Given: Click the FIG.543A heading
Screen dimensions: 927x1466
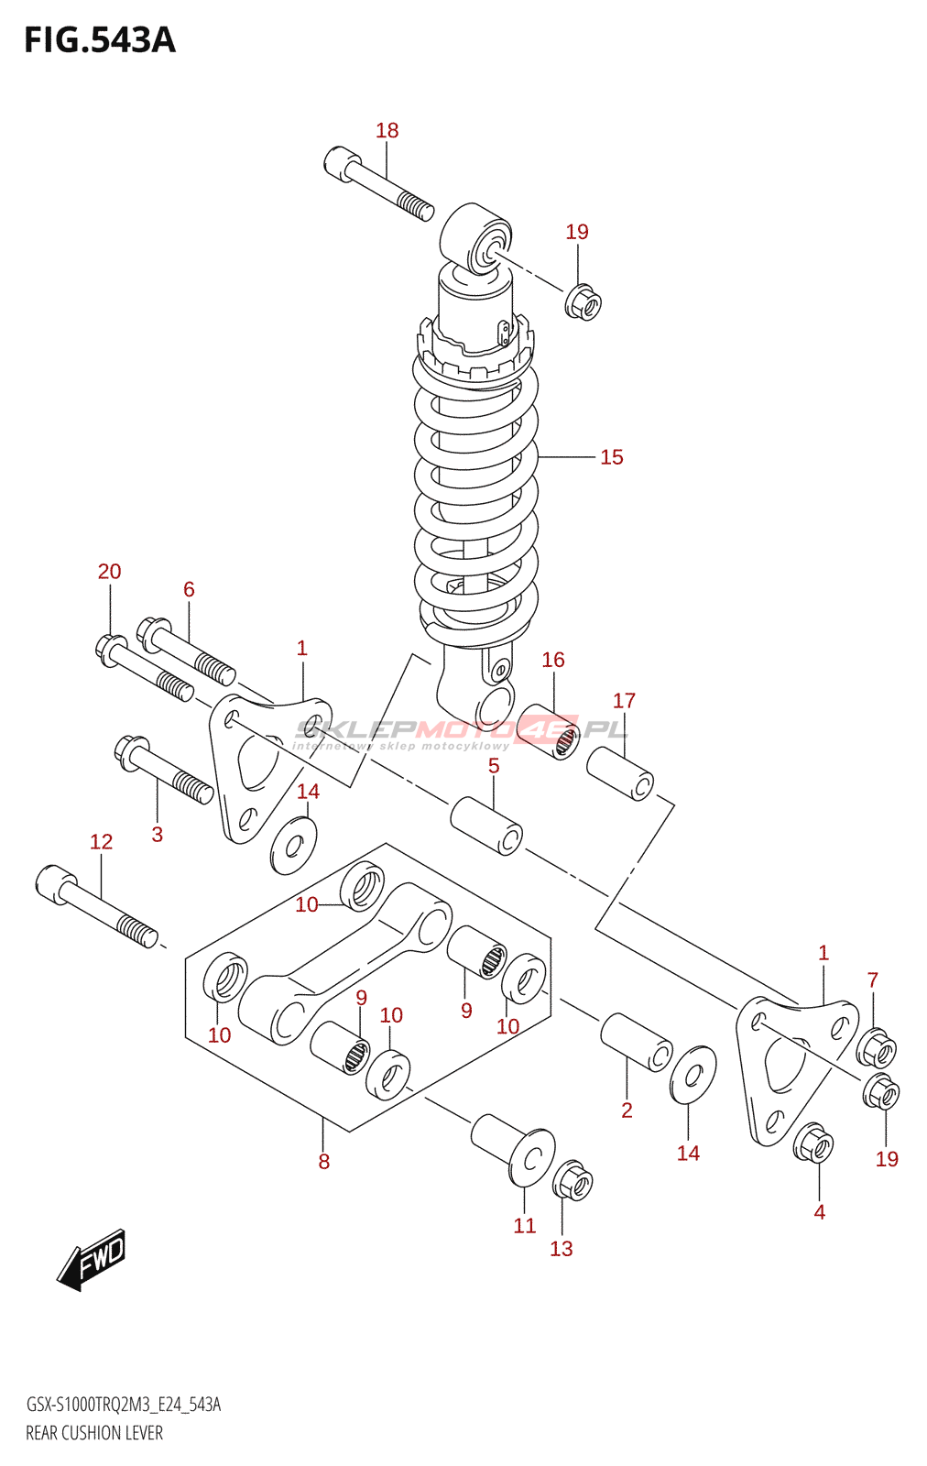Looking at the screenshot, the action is pyautogui.click(x=100, y=40).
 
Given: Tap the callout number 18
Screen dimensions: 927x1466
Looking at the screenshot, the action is pyautogui.click(x=387, y=130).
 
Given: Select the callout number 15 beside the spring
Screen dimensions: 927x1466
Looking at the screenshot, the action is pyautogui.click(x=612, y=457).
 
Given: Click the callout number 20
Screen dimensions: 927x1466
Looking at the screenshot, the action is pyautogui.click(x=109, y=572).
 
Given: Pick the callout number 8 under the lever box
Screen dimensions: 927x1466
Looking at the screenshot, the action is pyautogui.click(x=324, y=1162).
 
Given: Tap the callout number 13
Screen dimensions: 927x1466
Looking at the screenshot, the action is pyautogui.click(x=562, y=1249).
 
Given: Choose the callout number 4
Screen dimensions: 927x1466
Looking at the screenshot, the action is pyautogui.click(x=820, y=1212).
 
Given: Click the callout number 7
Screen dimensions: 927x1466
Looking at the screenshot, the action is pyautogui.click(x=873, y=979).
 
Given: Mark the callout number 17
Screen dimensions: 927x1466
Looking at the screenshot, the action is pyautogui.click(x=624, y=701).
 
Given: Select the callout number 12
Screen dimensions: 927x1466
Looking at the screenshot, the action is pyautogui.click(x=102, y=842).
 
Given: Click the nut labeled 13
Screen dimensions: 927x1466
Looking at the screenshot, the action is pyautogui.click(x=573, y=1181).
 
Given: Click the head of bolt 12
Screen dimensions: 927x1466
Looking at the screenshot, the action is pyautogui.click(x=55, y=883).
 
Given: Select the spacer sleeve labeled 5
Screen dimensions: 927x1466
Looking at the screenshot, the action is pyautogui.click(x=486, y=826).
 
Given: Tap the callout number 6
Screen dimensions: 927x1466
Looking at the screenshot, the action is pyautogui.click(x=189, y=590).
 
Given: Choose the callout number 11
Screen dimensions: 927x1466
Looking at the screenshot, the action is pyautogui.click(x=525, y=1225).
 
